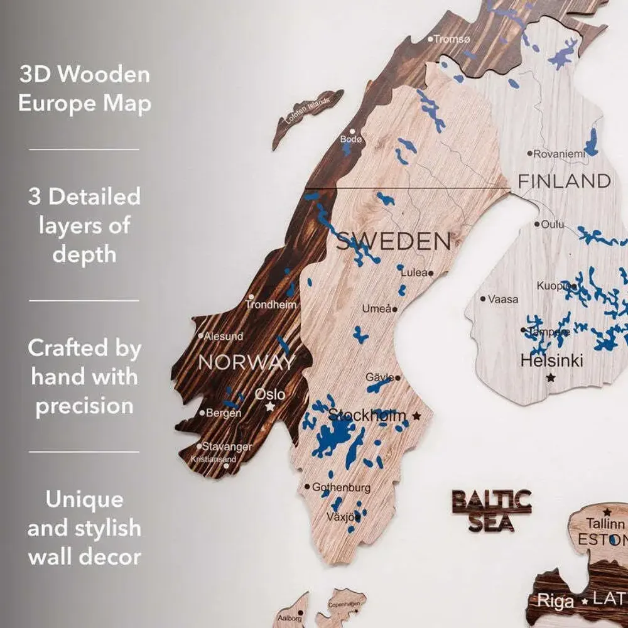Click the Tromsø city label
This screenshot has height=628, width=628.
452,39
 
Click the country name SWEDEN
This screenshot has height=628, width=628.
393,241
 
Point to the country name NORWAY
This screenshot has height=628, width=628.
246,362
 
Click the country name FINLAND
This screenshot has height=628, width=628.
563,181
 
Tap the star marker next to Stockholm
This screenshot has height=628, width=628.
416,416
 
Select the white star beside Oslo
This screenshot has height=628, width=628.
270,407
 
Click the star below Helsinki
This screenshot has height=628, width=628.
551,377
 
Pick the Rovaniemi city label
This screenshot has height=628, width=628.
558,153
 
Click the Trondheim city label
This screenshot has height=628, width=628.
271,305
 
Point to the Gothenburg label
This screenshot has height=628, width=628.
341,487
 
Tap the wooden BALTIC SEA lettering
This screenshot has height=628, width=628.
492,511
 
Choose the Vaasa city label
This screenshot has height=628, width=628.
503,299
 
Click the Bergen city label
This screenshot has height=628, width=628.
223,413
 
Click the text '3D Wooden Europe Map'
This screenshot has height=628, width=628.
84,89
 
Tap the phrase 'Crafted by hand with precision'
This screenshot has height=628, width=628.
84,376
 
